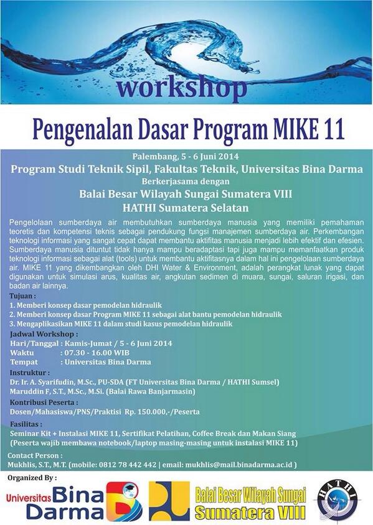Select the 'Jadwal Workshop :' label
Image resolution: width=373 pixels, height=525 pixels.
(x=41, y=333)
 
